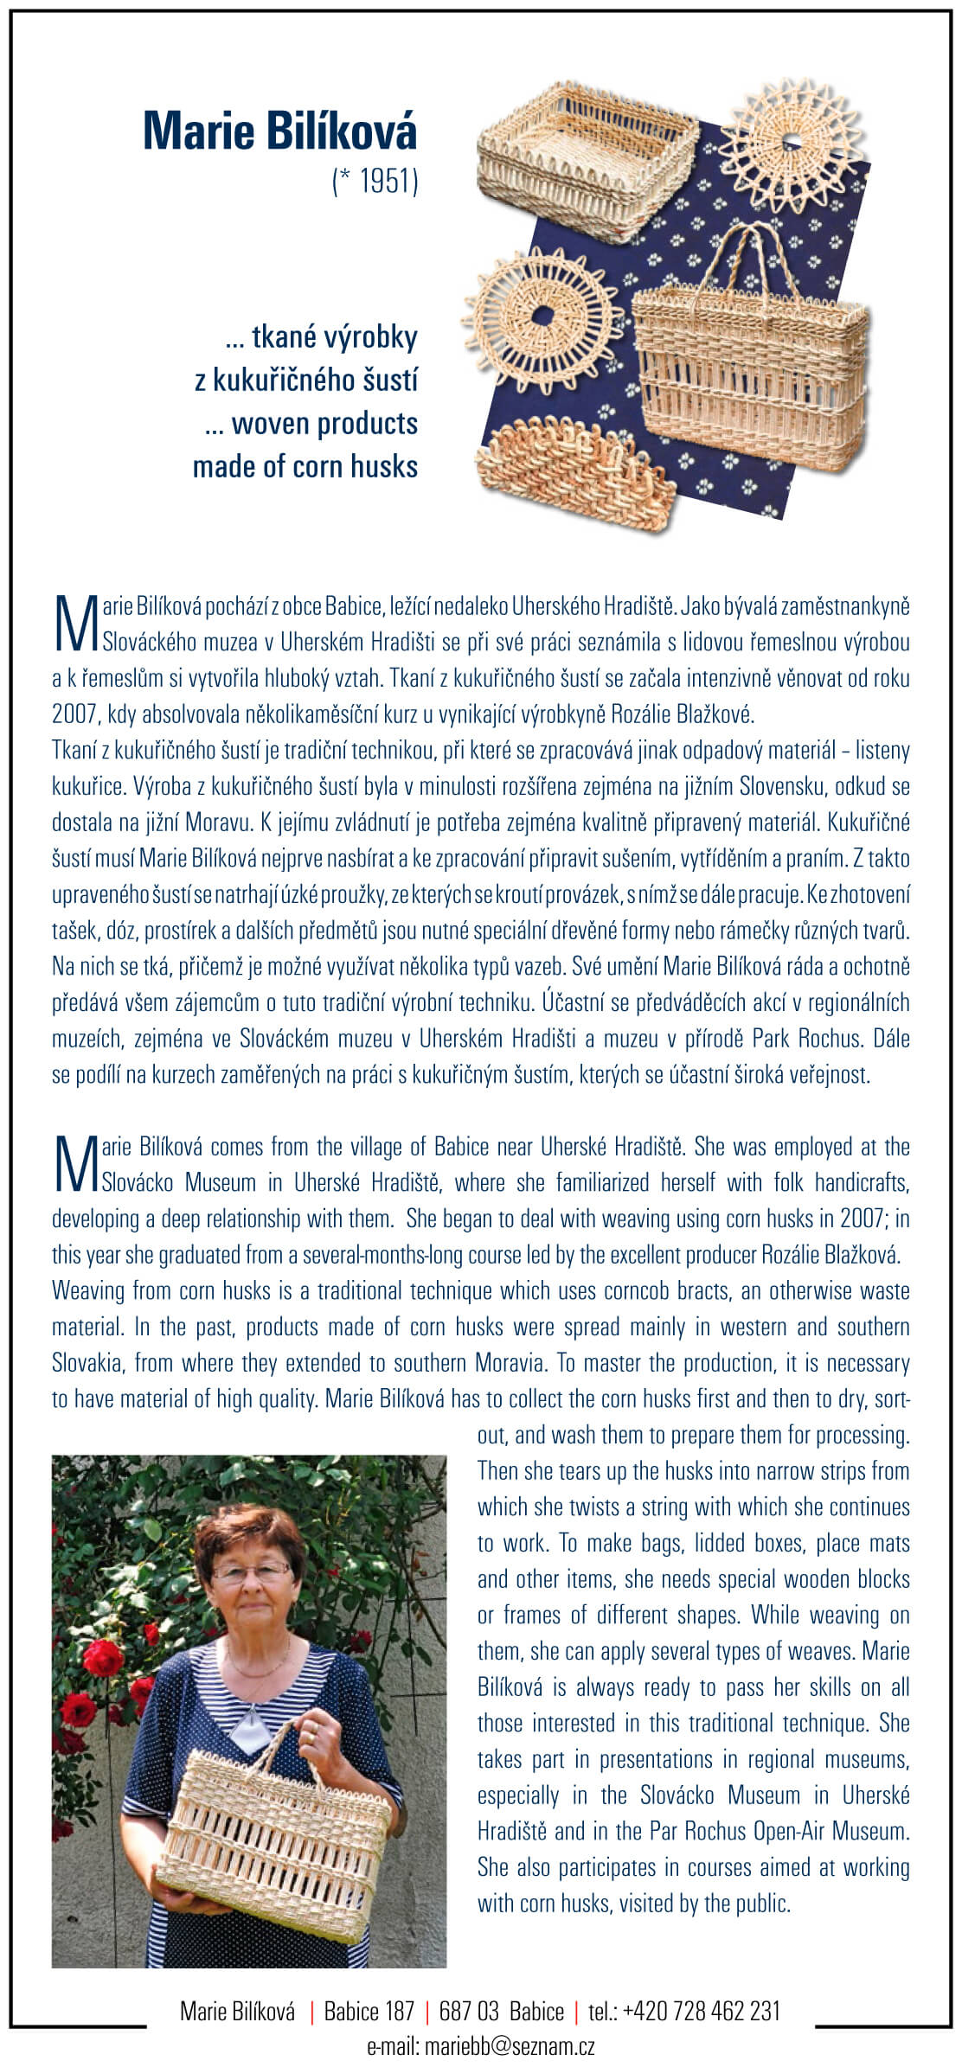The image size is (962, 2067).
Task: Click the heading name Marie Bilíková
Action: tap(279, 131)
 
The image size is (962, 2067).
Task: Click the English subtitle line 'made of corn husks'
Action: tap(305, 467)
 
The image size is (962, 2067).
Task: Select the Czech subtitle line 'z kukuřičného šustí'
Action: tap(306, 380)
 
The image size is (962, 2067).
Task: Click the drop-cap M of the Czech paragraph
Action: tap(74, 624)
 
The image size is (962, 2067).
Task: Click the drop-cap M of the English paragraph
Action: tap(74, 1164)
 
